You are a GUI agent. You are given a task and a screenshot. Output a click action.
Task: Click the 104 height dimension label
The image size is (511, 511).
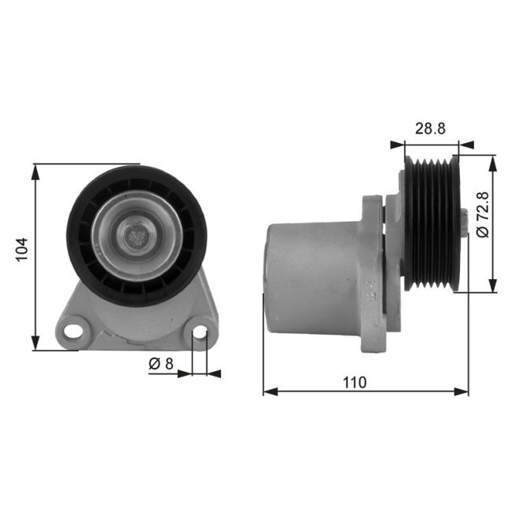click(21, 249)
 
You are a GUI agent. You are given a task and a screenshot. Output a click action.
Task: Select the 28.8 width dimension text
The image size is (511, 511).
click(430, 129)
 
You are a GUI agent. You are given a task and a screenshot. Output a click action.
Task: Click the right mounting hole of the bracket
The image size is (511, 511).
click(200, 333)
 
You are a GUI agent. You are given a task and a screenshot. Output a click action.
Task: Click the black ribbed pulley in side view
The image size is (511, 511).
click(431, 224)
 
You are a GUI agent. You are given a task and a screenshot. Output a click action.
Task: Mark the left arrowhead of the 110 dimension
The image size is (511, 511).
click(267, 391)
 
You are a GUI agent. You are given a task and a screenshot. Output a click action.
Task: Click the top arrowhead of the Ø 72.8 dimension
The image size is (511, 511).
click(494, 160)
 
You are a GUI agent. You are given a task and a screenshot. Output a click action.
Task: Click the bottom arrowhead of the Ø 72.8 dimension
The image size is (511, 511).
click(494, 287)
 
